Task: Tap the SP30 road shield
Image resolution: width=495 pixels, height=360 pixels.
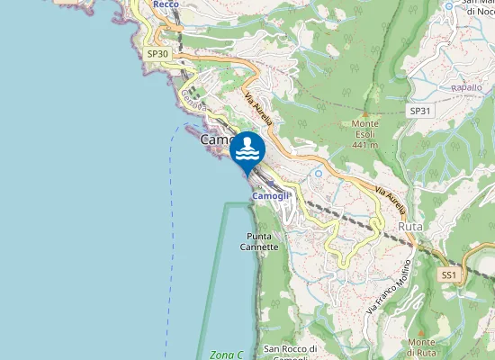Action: coord(157,54)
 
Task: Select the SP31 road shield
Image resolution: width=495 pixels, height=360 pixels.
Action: coord(419,111)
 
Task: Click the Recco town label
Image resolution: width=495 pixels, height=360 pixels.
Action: coord(165,4)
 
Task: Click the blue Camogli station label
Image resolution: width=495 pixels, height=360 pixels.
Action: coord(271,195)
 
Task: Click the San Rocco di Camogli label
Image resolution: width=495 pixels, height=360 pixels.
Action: coord(291,354)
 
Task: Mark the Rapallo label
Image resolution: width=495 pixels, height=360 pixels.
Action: coord(466,87)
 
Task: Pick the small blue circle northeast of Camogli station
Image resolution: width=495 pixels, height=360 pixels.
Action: coord(318,172)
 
